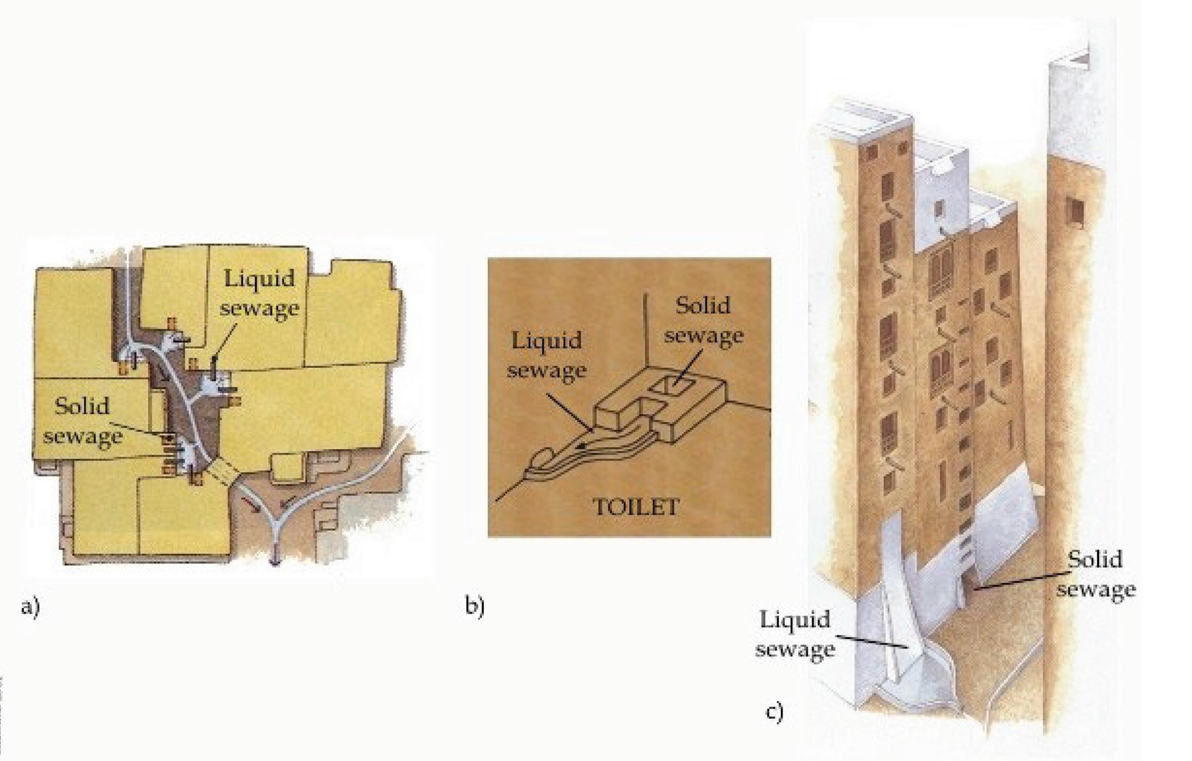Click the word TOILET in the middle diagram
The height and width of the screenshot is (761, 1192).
[x=636, y=507]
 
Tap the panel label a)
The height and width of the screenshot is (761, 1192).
[x=30, y=606]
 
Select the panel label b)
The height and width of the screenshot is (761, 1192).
[x=475, y=606]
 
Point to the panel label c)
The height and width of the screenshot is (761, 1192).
[x=774, y=712]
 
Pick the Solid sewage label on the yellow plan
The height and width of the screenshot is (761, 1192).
[x=83, y=422]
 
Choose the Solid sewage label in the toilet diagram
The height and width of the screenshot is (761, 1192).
[x=703, y=321]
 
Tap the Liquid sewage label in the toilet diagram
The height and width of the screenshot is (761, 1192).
[x=547, y=355]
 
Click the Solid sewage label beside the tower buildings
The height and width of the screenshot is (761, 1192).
[x=1095, y=574]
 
